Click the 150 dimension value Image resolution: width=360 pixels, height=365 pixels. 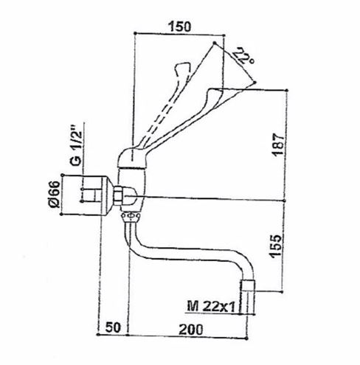pos(179,27)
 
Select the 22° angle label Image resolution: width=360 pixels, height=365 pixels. pos(243,56)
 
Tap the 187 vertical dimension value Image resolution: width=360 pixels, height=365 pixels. pos(278,145)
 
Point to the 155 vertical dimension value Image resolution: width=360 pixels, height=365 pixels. pos(275,246)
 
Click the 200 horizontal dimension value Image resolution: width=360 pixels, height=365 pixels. pos(191,330)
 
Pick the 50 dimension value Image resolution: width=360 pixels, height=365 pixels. pos(113,327)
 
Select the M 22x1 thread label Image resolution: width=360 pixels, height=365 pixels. pos(211,307)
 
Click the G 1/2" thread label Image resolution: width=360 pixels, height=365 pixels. pos(76,146)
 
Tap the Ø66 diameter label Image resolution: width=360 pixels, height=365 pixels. pos(55,195)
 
